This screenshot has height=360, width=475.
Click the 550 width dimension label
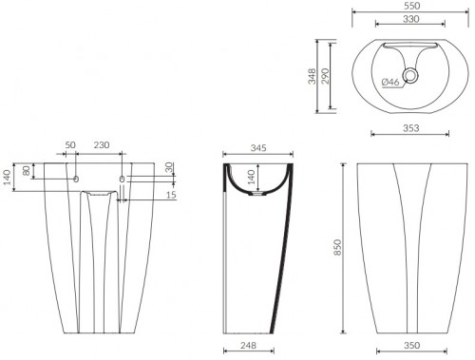[x=412, y=6]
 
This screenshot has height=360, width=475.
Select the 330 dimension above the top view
[x=410, y=19]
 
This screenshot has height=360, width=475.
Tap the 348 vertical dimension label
[x=313, y=76]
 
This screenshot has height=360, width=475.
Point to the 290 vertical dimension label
[x=325, y=76]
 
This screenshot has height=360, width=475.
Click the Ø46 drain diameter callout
[x=390, y=82]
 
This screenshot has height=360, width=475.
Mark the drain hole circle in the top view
[x=410, y=75]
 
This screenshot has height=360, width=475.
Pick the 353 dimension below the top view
[x=410, y=128]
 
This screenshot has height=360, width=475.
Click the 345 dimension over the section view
[x=258, y=148]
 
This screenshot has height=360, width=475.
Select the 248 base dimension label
[x=248, y=345]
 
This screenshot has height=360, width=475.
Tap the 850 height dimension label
[x=338, y=247]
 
